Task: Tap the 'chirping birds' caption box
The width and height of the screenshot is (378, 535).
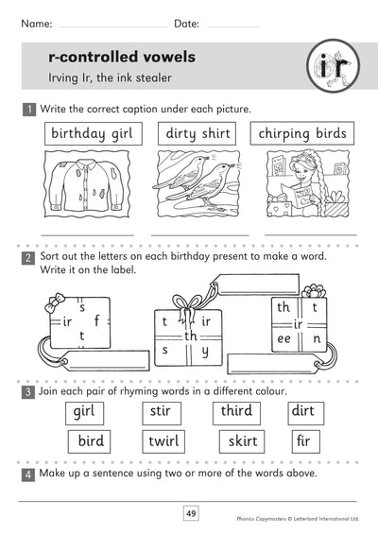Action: point(301,134)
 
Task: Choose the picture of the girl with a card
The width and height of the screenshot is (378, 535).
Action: point(304,190)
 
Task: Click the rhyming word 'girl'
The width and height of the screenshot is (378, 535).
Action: point(88,411)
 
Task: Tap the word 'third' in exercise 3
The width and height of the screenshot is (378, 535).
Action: point(235,411)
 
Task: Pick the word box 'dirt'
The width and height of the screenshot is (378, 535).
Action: point(302,411)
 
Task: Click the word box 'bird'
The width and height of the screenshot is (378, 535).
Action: point(91,440)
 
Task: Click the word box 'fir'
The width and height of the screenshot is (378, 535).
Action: point(302,440)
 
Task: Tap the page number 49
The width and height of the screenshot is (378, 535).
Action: point(190,513)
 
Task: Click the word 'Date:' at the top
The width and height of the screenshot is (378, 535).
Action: point(188,21)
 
